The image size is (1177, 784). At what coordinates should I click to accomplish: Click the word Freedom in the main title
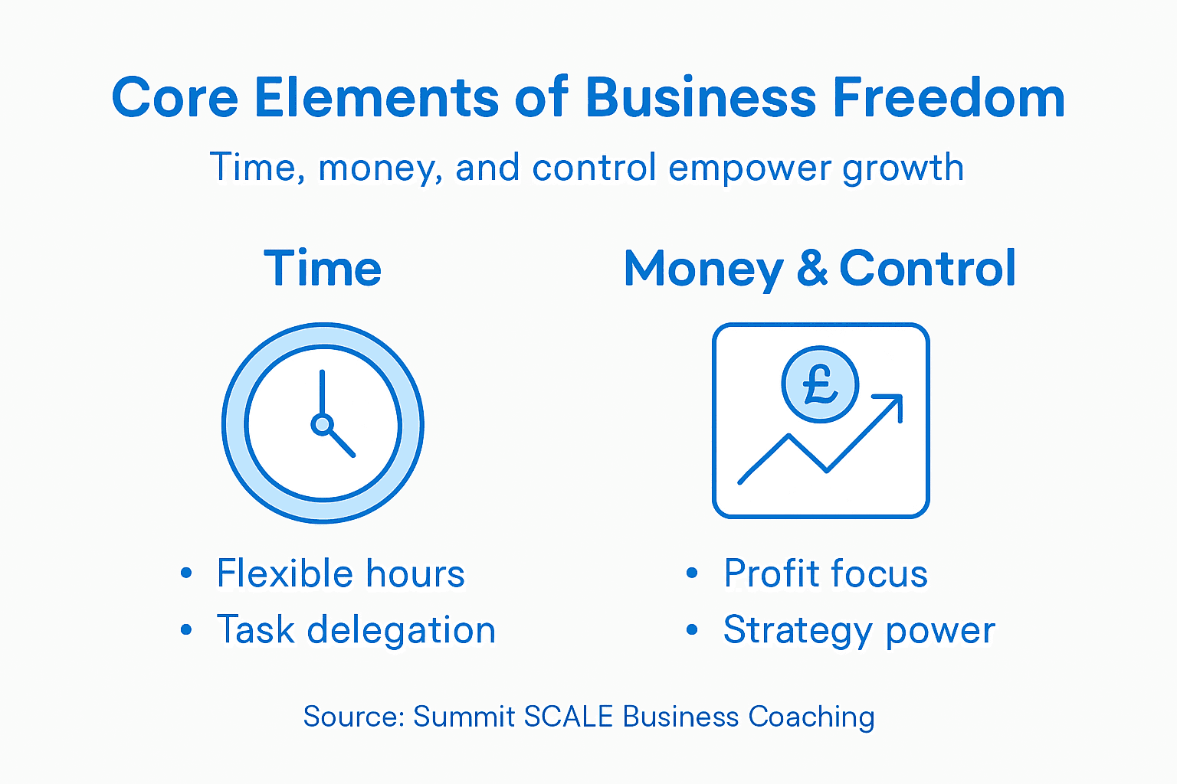(x=948, y=98)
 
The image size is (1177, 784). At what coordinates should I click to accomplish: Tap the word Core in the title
(x=175, y=98)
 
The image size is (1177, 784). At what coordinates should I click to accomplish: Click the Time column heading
(x=323, y=269)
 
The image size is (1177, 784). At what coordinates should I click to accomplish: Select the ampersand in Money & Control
(x=811, y=269)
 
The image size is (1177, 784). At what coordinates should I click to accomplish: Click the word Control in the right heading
(x=927, y=269)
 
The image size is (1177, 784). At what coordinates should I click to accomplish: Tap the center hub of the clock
(x=323, y=423)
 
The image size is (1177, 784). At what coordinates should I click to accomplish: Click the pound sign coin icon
(x=820, y=384)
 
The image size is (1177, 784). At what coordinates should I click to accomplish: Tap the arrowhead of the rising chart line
(x=893, y=404)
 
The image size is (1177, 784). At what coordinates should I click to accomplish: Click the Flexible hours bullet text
(x=340, y=573)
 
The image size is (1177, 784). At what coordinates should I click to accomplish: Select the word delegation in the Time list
(x=401, y=630)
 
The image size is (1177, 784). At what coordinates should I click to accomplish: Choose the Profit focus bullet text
(x=825, y=573)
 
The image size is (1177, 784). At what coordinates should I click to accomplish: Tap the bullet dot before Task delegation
(x=186, y=630)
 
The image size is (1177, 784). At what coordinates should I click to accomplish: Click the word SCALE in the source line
(x=569, y=717)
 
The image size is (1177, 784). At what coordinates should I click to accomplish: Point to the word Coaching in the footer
(x=811, y=717)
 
